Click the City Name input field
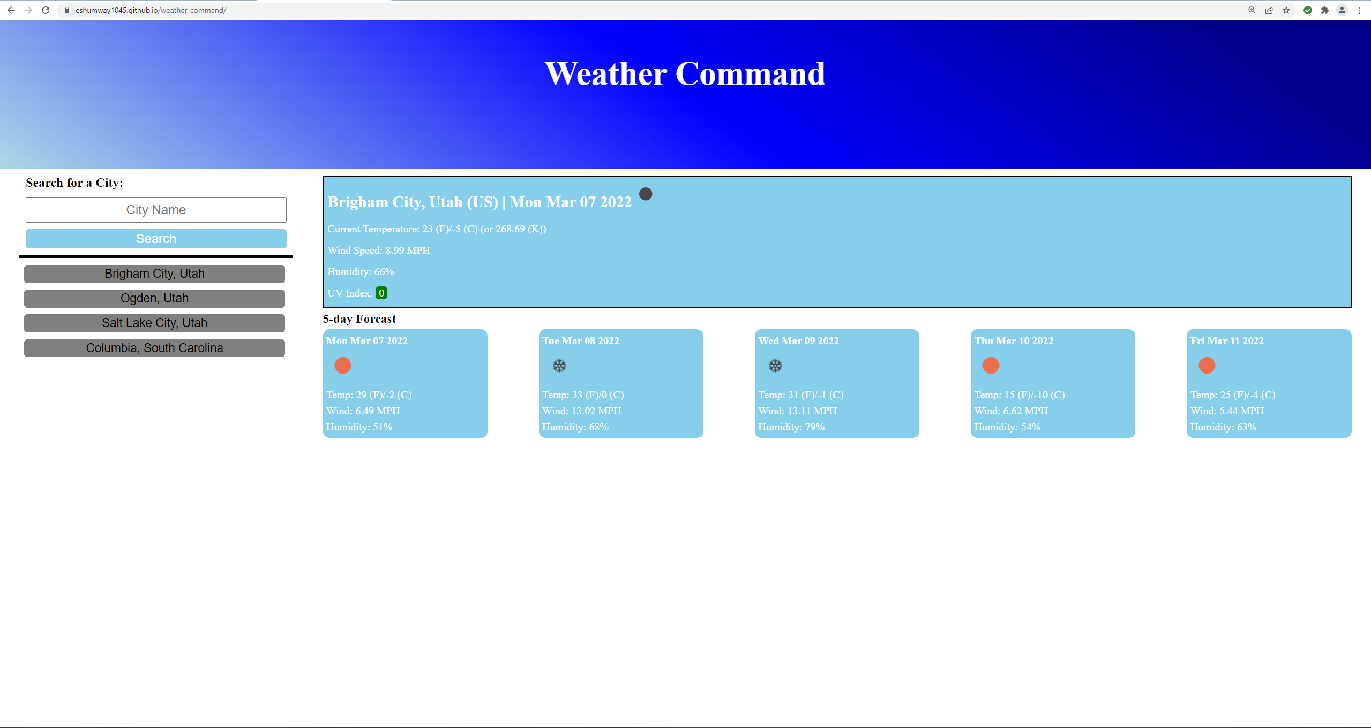156,210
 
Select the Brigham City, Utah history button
154,274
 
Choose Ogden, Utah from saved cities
154,298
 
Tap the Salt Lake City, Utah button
154,323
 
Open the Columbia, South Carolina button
154,348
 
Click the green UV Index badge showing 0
381,293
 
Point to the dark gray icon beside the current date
646,194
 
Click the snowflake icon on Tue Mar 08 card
559,366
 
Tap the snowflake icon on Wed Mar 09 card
775,366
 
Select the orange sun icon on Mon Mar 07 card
343,366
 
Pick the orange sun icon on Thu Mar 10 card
991,366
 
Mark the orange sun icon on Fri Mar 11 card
1207,366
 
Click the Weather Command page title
685,73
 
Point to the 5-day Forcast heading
359,319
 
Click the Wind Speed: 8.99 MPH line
379,250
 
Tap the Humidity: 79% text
791,427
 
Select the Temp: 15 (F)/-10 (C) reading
1019,395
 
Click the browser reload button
46,10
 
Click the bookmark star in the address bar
1286,10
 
